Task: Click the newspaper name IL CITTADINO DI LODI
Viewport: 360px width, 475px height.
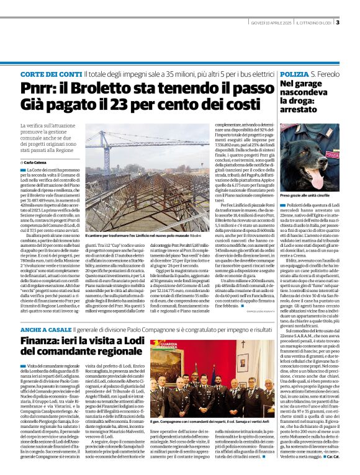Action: [316, 24]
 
